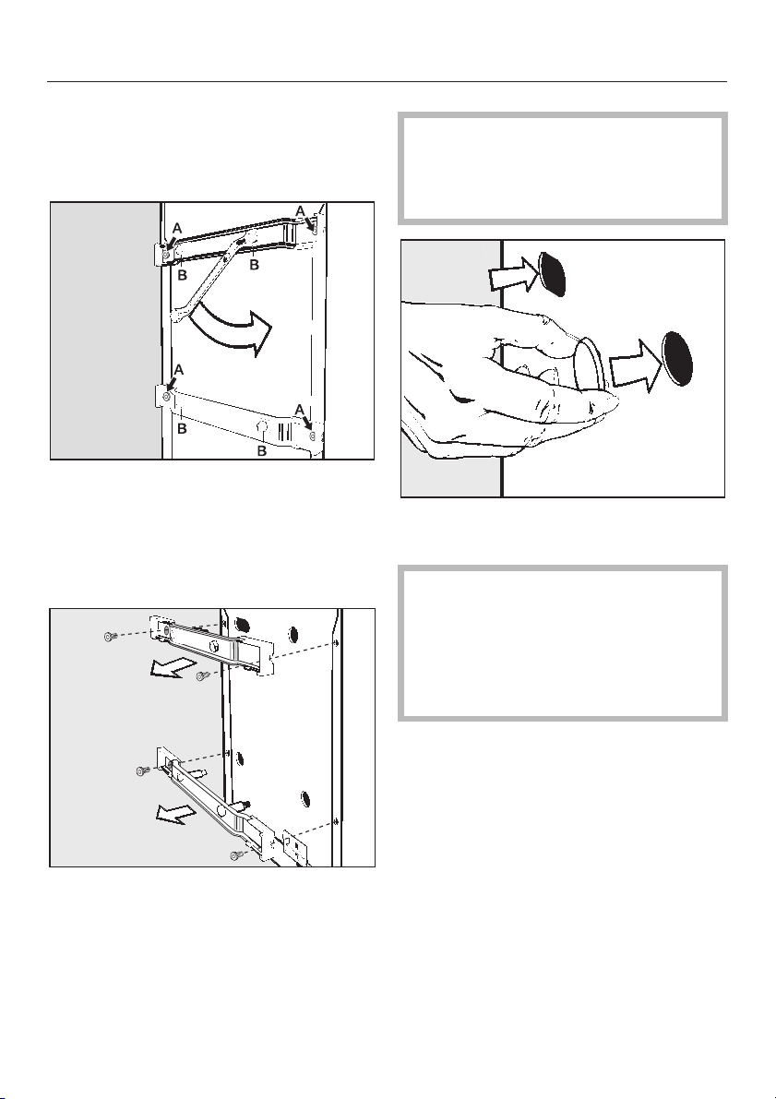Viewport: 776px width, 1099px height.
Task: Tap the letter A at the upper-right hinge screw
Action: (x=300, y=210)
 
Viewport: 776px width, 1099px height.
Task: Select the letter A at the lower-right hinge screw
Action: (x=299, y=409)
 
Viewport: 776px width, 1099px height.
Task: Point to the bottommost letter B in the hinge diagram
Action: (x=261, y=451)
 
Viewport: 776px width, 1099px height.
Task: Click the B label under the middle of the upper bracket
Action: (x=255, y=265)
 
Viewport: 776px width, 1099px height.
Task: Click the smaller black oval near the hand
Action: (x=553, y=274)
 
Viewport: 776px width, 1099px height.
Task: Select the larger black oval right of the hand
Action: (x=678, y=357)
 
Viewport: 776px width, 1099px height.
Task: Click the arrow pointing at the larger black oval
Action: (x=635, y=362)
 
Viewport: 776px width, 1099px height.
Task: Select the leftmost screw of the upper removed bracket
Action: (x=110, y=637)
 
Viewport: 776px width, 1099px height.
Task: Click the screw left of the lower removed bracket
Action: (x=143, y=770)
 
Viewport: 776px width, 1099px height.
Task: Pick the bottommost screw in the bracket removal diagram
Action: (x=235, y=854)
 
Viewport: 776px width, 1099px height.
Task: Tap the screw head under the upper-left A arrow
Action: (x=165, y=256)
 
